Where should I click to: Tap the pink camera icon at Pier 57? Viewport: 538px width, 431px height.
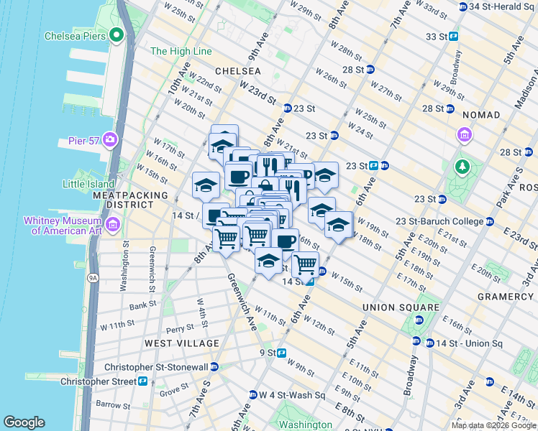tap(110, 138)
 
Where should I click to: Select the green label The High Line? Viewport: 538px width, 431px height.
tap(181, 51)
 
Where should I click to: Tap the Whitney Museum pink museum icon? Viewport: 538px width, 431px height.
tap(113, 226)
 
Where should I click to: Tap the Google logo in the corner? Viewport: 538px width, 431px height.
tap(24, 422)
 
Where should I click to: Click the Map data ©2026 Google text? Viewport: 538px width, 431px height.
tap(493, 425)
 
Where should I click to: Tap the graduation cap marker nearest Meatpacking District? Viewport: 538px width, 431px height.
tap(206, 186)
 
